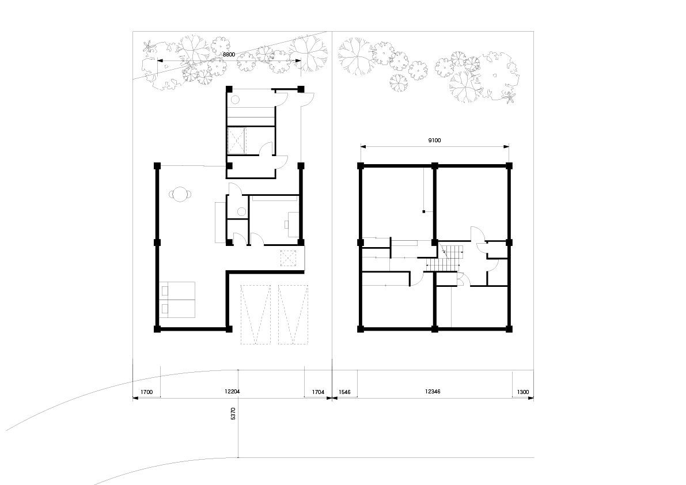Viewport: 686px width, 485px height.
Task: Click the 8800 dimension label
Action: tap(229, 54)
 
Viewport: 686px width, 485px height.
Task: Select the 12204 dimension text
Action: tap(232, 392)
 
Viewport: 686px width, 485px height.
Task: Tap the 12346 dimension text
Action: tap(432, 392)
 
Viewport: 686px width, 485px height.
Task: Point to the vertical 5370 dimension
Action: tap(233, 414)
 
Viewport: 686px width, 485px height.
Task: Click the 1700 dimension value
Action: tap(146, 392)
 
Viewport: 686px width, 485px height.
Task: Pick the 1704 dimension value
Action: tap(318, 392)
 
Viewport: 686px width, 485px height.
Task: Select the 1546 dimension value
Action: tap(345, 392)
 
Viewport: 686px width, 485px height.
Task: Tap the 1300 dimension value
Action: tap(523, 392)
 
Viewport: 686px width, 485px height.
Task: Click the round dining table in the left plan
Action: tap(180, 194)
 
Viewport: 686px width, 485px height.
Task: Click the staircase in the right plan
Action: tap(444, 259)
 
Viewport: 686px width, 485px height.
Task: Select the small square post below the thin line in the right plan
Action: tap(423, 212)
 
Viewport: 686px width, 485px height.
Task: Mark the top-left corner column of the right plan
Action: tap(361, 166)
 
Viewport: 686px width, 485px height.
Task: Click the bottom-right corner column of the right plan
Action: tap(509, 329)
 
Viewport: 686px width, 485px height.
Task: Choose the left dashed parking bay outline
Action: tap(256, 315)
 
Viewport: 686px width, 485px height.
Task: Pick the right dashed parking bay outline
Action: tap(293, 315)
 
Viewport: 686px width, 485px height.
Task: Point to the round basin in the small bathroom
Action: tap(241, 212)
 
